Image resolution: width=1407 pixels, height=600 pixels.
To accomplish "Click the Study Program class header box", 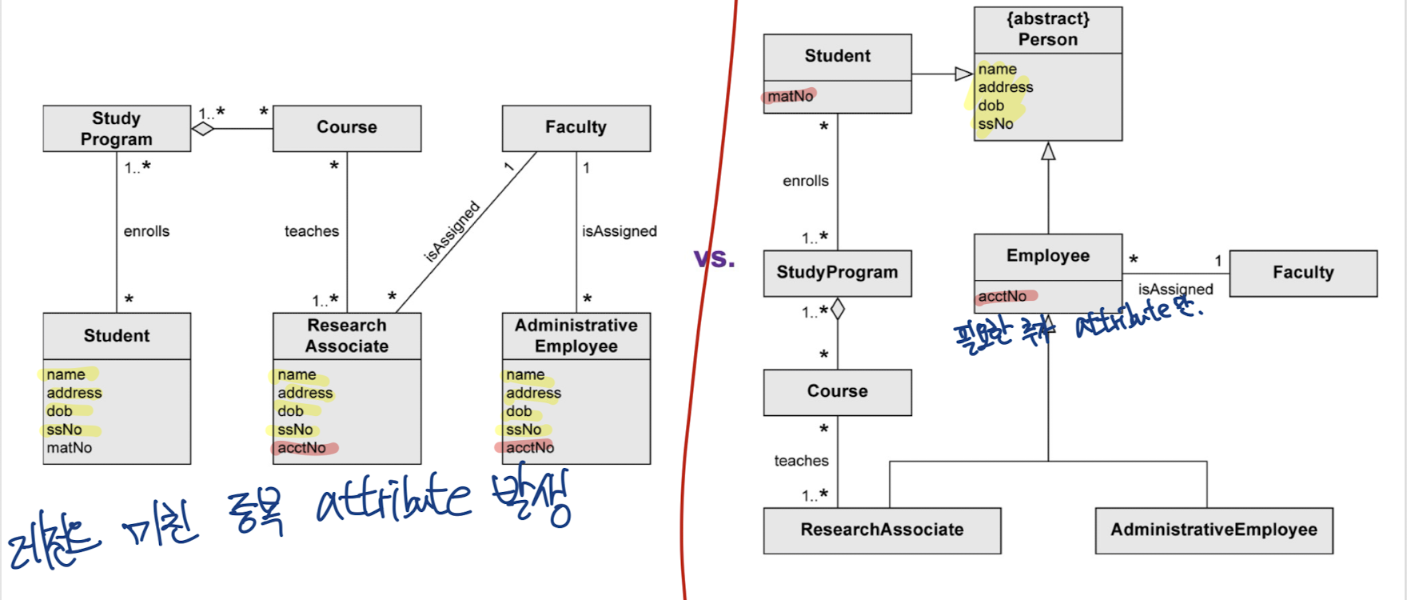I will click(117, 129).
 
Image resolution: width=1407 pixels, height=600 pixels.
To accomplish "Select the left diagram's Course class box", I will click(347, 128).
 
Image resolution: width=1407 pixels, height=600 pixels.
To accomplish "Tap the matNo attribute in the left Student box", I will click(70, 448).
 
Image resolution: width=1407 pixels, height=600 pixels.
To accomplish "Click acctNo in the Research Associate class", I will click(302, 448).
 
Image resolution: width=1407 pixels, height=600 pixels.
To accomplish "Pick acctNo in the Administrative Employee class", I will click(530, 448).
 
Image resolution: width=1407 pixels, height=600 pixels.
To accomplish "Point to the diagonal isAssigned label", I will click(452, 231).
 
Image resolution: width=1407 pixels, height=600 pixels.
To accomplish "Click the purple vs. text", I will click(714, 258).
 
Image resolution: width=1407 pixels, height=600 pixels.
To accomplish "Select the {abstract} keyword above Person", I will click(1047, 18).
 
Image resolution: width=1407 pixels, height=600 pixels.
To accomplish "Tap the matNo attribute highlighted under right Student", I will click(791, 96).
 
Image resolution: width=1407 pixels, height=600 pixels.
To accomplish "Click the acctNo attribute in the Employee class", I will click(1002, 296).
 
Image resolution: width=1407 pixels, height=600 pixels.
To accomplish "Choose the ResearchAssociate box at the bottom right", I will click(882, 530).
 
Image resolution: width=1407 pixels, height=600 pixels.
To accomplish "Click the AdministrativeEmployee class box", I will click(1214, 530).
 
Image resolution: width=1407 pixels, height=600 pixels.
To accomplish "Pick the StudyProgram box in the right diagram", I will click(837, 273).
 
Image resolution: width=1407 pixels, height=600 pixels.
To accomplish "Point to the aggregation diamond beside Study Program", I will click(203, 129).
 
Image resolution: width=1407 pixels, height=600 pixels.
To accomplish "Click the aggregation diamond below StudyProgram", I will click(838, 309).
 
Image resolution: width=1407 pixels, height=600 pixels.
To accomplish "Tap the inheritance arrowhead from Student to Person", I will click(963, 74).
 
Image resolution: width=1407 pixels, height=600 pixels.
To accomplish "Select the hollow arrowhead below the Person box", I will click(1048, 151).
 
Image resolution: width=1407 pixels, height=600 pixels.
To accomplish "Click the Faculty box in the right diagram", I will click(1303, 273).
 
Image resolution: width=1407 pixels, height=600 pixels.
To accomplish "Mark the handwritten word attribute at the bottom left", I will click(393, 500).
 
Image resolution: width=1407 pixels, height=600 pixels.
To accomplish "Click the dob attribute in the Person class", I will click(991, 106).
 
